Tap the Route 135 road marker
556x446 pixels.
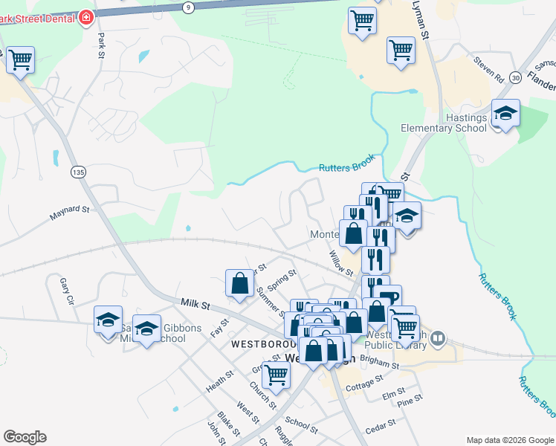[x=77, y=172]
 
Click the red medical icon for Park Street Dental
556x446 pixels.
[x=86, y=16]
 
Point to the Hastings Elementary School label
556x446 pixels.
[x=444, y=123]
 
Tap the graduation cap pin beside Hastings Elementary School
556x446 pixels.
[x=505, y=114]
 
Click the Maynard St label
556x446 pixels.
[x=69, y=213]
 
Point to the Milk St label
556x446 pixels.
[x=196, y=305]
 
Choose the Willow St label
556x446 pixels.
[x=340, y=262]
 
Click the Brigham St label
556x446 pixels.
[x=375, y=359]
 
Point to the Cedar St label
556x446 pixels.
[x=381, y=426]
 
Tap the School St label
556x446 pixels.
[x=301, y=425]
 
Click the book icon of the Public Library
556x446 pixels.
[x=439, y=340]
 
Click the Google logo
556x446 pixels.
[x=25, y=437]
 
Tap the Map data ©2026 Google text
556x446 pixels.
[x=510, y=440]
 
